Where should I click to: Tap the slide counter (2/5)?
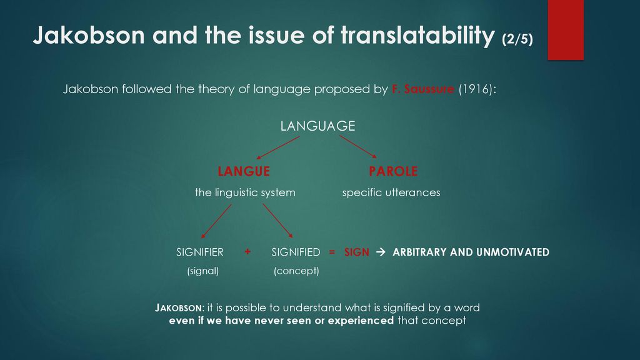(x=517, y=39)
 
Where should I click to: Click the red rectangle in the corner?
(x=566, y=30)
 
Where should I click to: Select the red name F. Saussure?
(x=423, y=89)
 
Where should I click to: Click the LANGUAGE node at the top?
(x=317, y=126)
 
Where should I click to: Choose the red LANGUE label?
(x=244, y=171)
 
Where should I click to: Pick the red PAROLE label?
(x=393, y=171)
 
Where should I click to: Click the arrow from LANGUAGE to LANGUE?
(x=278, y=147)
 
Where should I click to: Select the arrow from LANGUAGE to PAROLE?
(x=358, y=147)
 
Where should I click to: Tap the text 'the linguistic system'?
(x=245, y=192)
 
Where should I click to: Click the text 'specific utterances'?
(x=391, y=192)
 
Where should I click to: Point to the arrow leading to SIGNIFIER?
(x=216, y=221)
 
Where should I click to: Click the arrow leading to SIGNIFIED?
(x=278, y=221)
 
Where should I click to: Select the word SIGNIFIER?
(x=200, y=252)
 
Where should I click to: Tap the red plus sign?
(x=247, y=252)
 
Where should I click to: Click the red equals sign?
(x=332, y=252)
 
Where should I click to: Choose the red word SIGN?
(x=357, y=252)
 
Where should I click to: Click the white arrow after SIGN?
(x=381, y=252)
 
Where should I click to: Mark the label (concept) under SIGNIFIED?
(x=296, y=271)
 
